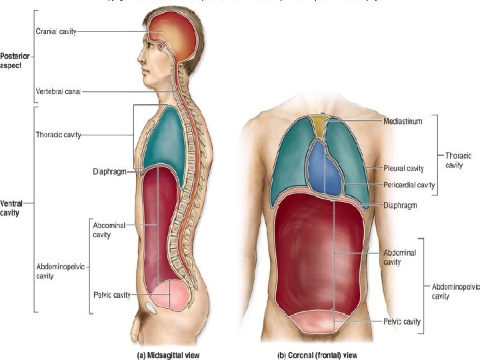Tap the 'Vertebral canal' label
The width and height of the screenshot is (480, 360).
(x=58, y=92)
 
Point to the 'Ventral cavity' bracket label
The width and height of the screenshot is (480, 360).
(x=13, y=208)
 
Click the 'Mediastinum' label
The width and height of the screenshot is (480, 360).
(x=403, y=121)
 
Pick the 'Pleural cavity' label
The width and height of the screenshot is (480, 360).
(x=404, y=169)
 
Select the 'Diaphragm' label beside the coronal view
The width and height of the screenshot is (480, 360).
(x=400, y=205)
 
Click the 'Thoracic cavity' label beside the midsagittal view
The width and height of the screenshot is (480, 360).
(x=58, y=135)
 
